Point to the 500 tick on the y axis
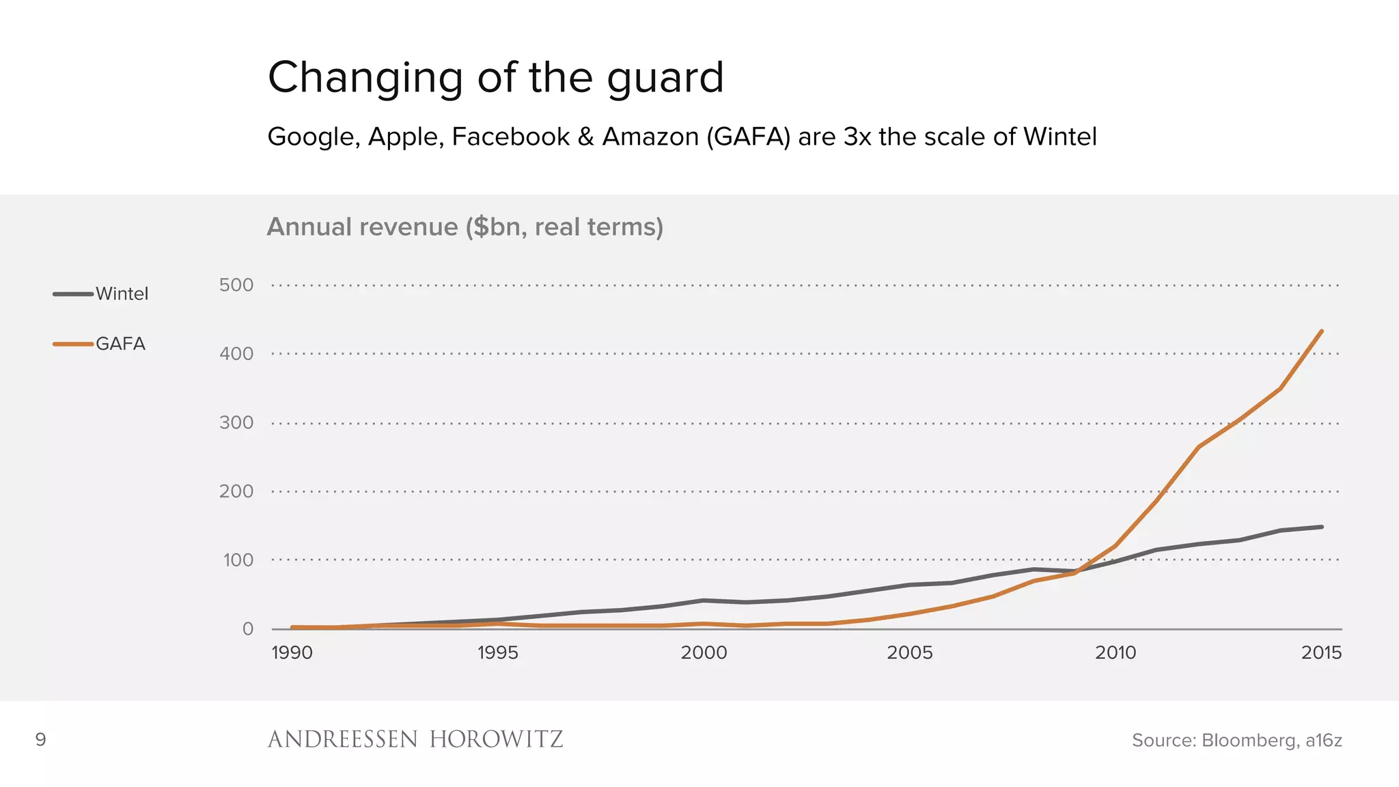click(236, 285)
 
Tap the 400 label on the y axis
click(236, 354)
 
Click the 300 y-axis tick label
click(236, 423)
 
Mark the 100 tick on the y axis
click(238, 560)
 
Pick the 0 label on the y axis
click(248, 629)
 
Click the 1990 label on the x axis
click(292, 652)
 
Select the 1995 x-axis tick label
click(497, 652)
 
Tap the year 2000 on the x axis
click(704, 652)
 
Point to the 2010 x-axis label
click(1116, 652)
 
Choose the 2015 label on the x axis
click(1321, 652)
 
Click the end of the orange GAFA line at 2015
click(1322, 331)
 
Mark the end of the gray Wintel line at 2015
click(1322, 527)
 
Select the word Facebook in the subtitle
click(510, 137)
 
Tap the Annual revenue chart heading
click(465, 227)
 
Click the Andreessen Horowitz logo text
click(415, 739)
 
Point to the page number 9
click(40, 739)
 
